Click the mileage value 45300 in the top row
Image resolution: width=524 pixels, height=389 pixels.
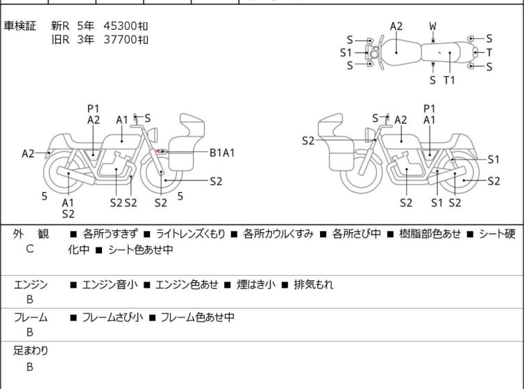pyautogui.click(x=119, y=26)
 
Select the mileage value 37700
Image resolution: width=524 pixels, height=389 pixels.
pyautogui.click(x=119, y=40)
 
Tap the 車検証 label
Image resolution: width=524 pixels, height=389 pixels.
pyautogui.click(x=19, y=26)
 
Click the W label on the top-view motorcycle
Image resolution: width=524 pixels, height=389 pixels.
pyautogui.click(x=433, y=26)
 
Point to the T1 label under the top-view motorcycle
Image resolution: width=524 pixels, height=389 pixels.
pyautogui.click(x=449, y=80)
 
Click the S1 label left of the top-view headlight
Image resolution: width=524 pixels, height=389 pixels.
pyautogui.click(x=346, y=53)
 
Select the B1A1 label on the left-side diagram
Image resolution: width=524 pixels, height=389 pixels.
pyautogui.click(x=222, y=153)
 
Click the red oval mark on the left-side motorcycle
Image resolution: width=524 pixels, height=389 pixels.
pyautogui.click(x=162, y=152)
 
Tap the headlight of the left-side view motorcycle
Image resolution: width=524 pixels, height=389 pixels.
pyautogui.click(x=153, y=135)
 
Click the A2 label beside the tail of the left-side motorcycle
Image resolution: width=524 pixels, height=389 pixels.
pyautogui.click(x=28, y=154)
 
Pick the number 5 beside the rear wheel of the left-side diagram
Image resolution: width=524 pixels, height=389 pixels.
pyautogui.click(x=44, y=196)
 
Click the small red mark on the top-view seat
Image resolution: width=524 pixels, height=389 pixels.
pyautogui.click(x=440, y=52)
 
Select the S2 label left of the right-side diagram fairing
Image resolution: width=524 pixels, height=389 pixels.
pyautogui.click(x=308, y=141)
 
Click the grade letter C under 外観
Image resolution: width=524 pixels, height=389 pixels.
pyautogui.click(x=30, y=249)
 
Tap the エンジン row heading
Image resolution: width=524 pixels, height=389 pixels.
pyautogui.click(x=31, y=284)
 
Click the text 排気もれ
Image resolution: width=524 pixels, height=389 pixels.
pyautogui.click(x=314, y=284)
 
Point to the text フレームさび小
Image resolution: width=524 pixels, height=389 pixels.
pyautogui.click(x=112, y=317)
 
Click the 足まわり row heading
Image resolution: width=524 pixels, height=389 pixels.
pyautogui.click(x=31, y=351)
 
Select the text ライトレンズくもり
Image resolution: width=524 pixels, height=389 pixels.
pyautogui.click(x=190, y=234)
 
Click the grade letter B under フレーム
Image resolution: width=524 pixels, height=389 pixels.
pyautogui.click(x=30, y=332)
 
